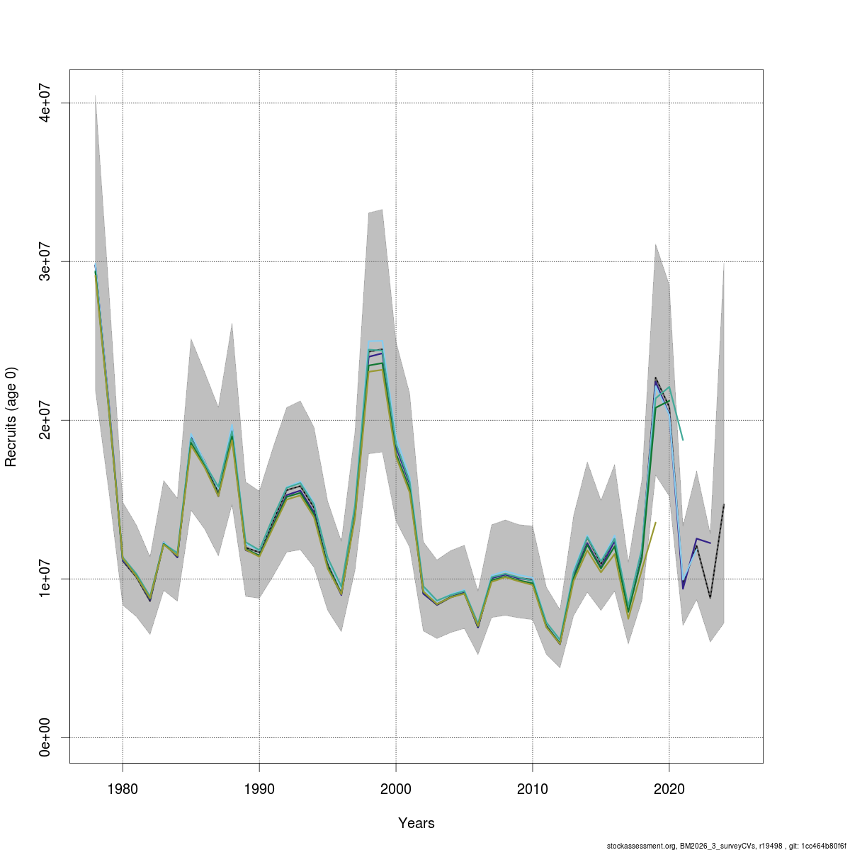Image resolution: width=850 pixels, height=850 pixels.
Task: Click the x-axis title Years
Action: coord(416,823)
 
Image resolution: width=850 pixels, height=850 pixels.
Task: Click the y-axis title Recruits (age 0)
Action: coord(11,416)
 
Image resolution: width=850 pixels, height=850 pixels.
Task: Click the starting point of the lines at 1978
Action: coord(95,268)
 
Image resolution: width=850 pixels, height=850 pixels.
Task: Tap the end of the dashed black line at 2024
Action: coord(723,505)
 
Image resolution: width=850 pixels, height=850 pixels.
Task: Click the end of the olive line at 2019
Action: coord(655,523)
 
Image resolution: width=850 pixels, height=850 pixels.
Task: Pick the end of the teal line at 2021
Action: coord(683,440)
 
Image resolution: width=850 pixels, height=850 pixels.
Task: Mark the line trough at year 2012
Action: coord(560,643)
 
